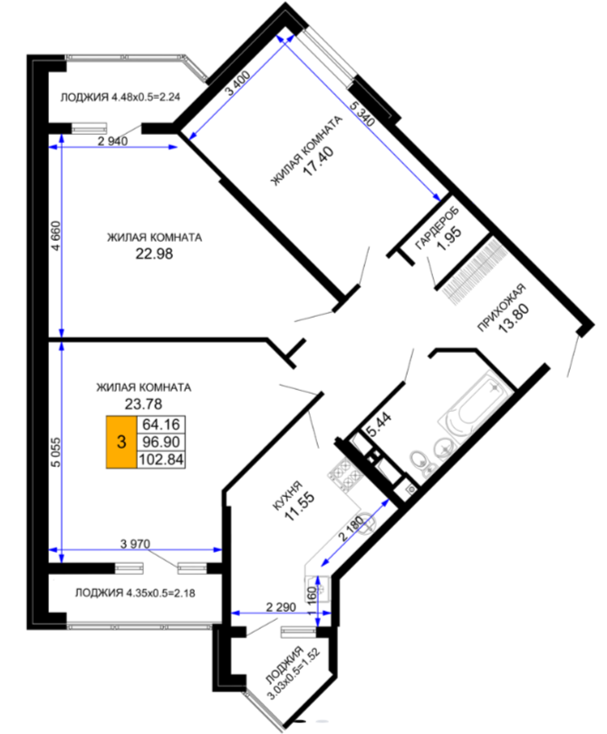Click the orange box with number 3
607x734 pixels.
pos(121,442)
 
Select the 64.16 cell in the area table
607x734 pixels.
pos(161,424)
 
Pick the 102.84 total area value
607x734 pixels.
pos(161,460)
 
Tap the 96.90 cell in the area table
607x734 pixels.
pos(161,442)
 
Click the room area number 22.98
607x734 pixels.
pos(154,253)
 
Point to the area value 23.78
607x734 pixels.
pos(143,404)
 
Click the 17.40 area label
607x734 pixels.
pos(318,160)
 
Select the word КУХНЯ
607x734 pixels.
pos(288,495)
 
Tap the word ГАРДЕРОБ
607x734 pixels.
pos(438,226)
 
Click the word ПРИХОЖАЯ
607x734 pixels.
pos(502,308)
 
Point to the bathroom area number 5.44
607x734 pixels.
pos(379,424)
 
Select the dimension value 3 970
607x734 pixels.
pos(135,544)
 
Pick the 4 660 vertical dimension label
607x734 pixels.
pos(56,236)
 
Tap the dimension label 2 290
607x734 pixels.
pos(281,607)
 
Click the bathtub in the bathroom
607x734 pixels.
pos(474,405)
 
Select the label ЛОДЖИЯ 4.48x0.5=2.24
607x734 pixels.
pos(120,98)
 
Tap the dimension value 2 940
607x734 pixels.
pos(112,141)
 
